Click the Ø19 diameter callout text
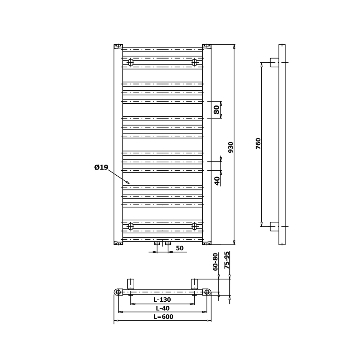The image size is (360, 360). pos(101,167)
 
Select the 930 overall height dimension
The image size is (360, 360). pos(231,147)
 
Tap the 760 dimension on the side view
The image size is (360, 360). pos(258,144)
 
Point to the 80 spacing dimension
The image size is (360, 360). pos(216,110)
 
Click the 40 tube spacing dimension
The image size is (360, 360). pos(217,181)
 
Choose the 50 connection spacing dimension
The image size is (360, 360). pos(180,248)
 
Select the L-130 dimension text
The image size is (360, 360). pos(162,300)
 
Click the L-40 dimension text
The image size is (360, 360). pos(163,308)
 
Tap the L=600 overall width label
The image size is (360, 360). pos(163,316)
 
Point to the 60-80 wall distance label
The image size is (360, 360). pos(215,262)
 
